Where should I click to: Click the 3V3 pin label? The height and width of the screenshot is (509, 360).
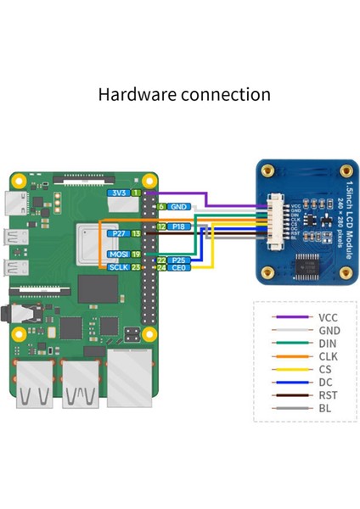point(119,194)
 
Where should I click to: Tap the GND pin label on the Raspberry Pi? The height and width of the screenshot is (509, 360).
point(178,206)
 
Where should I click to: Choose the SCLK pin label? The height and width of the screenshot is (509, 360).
point(118,267)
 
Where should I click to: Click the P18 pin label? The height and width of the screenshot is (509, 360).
point(179,227)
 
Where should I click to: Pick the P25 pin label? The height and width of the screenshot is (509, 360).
point(178,260)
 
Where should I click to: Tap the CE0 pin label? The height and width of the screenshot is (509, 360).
point(178,268)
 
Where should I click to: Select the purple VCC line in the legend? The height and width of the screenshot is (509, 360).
point(289,316)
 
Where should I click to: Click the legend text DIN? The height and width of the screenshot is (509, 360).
point(327,344)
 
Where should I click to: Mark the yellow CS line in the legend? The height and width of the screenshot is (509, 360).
point(289,370)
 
